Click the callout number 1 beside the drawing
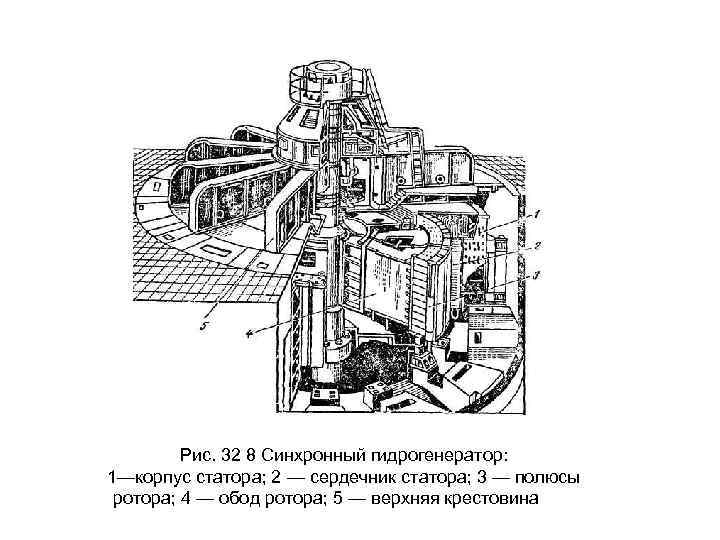coord(536,213)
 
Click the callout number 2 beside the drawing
coord(536,245)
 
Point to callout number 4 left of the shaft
coord(249,329)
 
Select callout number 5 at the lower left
coord(204,323)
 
